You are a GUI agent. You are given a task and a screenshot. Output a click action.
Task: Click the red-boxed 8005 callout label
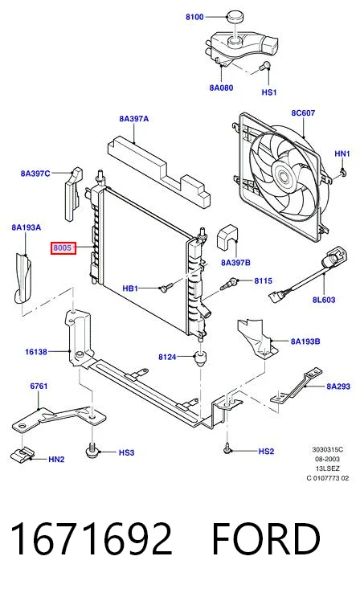pos(63,248)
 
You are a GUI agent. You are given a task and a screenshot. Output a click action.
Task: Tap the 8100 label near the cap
pos(194,17)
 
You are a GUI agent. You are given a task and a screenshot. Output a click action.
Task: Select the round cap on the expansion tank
pos(235,17)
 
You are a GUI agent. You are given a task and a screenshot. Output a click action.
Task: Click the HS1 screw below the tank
pos(265,67)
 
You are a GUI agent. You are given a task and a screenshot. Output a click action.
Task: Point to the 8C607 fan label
pos(303,112)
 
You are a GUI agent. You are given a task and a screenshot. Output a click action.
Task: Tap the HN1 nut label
pos(342,153)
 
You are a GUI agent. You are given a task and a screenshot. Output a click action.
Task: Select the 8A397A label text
pos(133,119)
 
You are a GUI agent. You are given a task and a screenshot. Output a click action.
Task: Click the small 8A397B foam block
pos(227,236)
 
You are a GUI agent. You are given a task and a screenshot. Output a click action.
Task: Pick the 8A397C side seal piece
pos(73,194)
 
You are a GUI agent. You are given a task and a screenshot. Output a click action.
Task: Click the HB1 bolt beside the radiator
pos(166,288)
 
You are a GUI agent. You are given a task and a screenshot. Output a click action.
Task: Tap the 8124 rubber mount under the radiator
pos(201,358)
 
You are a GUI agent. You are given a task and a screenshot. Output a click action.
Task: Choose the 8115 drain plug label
pos(263,280)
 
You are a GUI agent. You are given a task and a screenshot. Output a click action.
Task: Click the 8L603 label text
pos(324,300)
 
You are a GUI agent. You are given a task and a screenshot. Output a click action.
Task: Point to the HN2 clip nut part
pos(22,455)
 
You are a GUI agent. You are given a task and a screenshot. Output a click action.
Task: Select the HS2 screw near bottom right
pos(227,448)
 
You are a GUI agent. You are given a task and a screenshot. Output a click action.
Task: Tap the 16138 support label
pos(36,352)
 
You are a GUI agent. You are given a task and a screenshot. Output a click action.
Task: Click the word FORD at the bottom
pos(266,538)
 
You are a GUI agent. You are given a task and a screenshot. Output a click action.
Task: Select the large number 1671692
pos(92,538)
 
